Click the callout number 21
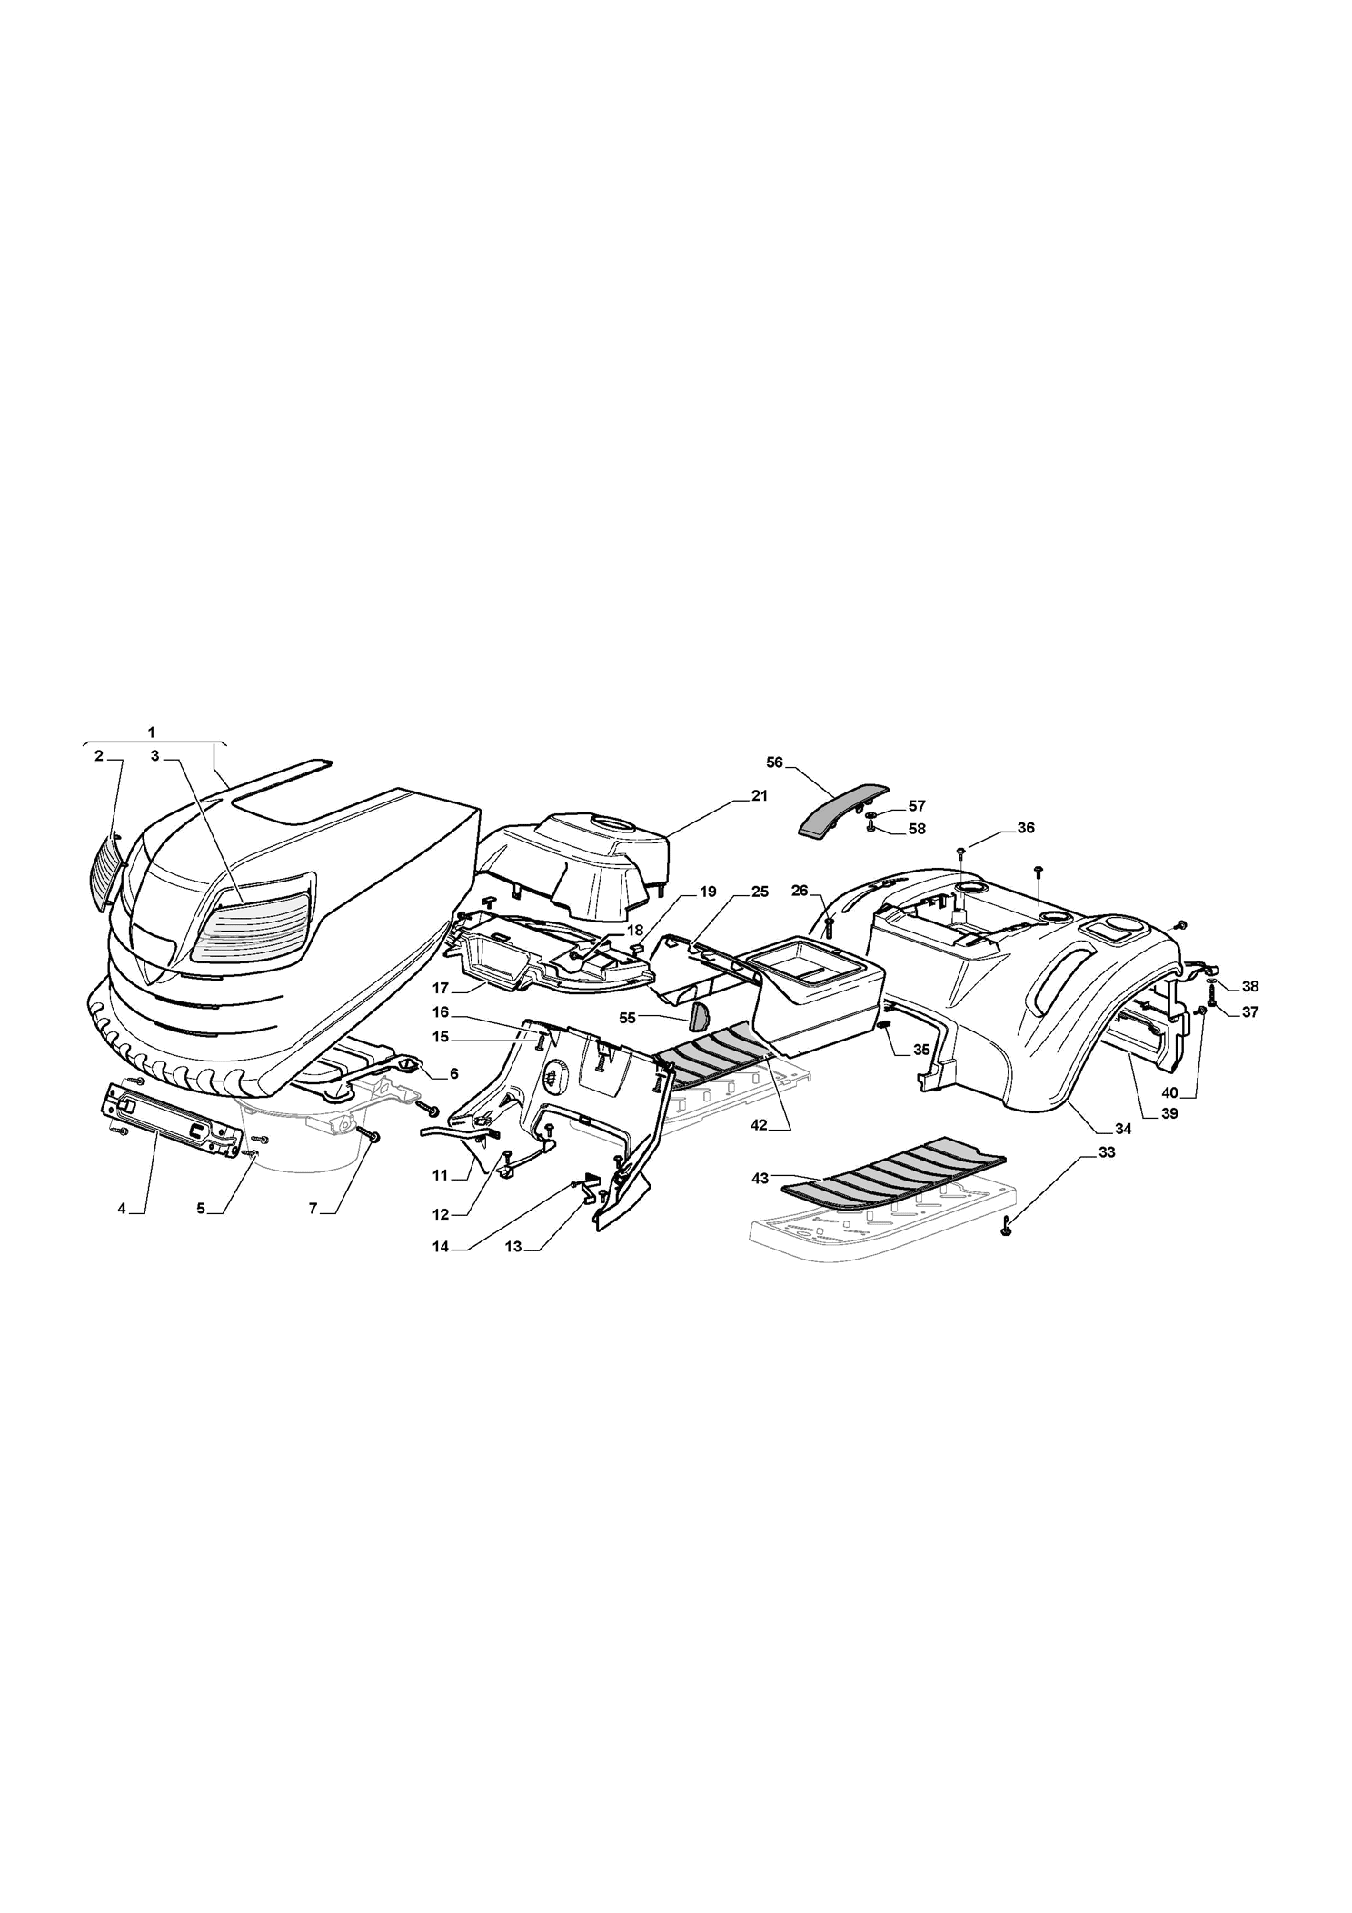click(x=759, y=795)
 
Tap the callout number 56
click(x=774, y=762)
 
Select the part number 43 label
click(x=760, y=1178)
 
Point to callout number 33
click(x=1107, y=1152)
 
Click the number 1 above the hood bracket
click(x=151, y=732)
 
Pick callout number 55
click(x=627, y=1018)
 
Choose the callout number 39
click(x=1169, y=1113)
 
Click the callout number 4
click(x=121, y=1209)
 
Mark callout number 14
click(x=441, y=1247)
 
